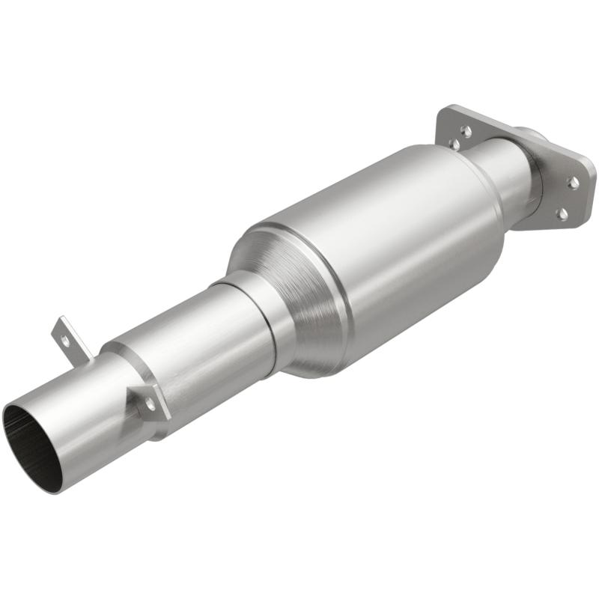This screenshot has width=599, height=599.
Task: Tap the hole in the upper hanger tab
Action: [x=65, y=339]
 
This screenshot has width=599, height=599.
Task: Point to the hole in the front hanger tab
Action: [x=150, y=402]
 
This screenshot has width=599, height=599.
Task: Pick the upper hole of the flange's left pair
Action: [x=466, y=130]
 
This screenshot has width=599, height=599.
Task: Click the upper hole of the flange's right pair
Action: [x=574, y=182]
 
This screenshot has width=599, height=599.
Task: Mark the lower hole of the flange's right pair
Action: [x=562, y=214]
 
